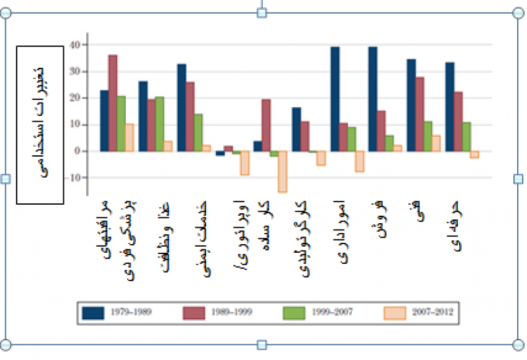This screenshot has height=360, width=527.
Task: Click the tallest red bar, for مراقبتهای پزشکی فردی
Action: [113, 103]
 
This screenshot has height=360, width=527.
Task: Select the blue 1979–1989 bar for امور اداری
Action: [335, 99]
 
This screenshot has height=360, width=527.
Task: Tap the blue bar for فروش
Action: [373, 99]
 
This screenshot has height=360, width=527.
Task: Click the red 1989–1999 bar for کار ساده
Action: [265, 125]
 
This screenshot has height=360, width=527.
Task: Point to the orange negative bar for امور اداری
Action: [359, 161]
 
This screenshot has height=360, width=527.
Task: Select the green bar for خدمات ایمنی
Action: [198, 132]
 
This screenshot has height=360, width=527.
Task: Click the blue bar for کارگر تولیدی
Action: [296, 129]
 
